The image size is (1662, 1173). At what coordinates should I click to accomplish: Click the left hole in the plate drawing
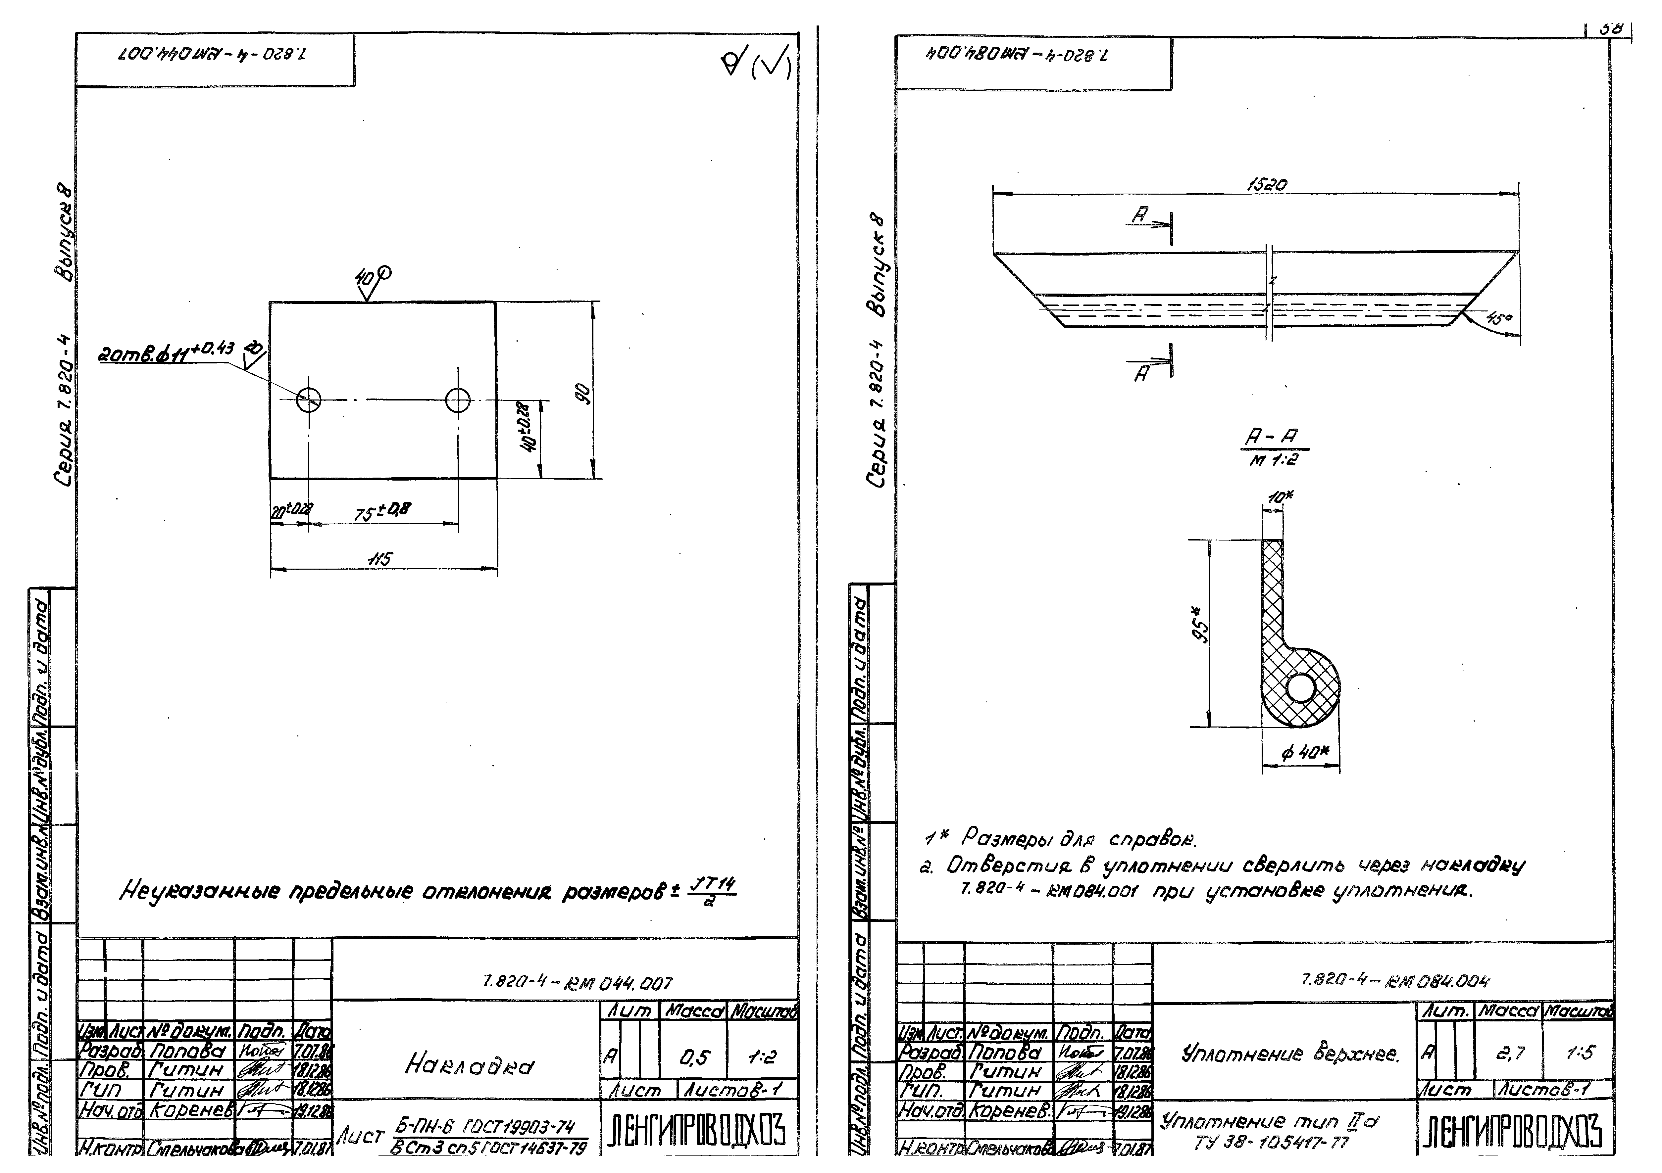[308, 399]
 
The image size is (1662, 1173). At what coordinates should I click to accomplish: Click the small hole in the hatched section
[1301, 687]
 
